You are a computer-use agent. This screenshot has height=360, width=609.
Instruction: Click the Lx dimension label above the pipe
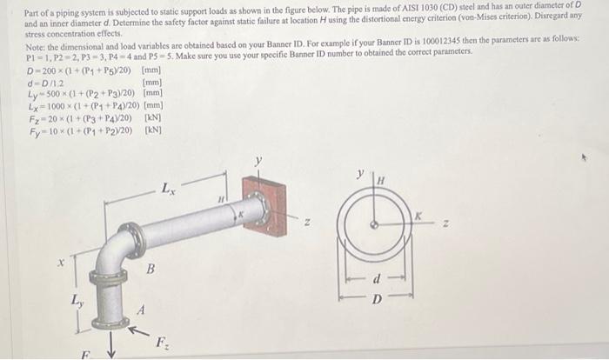(169, 187)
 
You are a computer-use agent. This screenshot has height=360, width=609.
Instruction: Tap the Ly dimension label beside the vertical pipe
(79, 300)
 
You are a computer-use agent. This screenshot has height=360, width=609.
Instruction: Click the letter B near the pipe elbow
(151, 270)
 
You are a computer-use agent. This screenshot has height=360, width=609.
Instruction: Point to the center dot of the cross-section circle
(374, 223)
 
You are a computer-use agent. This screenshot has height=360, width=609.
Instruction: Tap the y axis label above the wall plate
(258, 160)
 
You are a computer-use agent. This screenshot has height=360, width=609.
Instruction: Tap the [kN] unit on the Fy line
(153, 130)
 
